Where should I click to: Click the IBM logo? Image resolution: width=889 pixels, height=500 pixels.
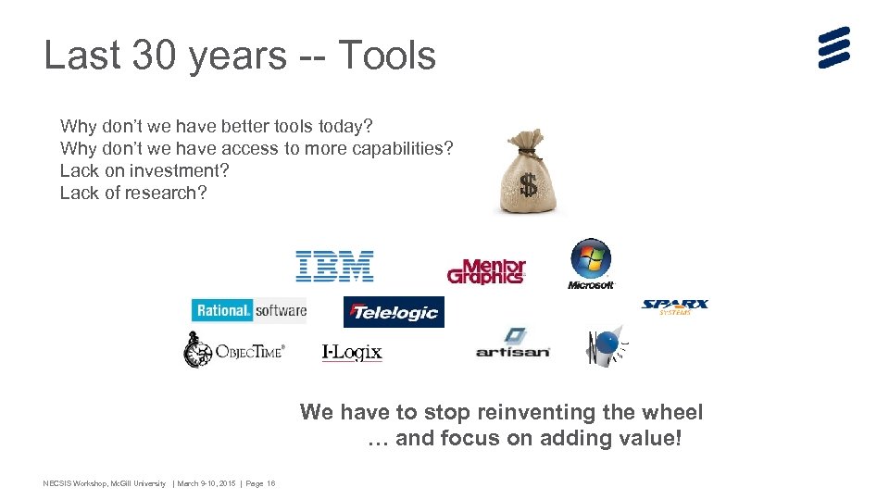coord(334,266)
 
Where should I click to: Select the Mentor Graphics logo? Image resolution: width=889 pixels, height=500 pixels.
coord(486,271)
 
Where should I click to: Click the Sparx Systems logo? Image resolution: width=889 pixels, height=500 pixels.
coord(675,306)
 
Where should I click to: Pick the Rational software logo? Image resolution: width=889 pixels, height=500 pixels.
coord(249,310)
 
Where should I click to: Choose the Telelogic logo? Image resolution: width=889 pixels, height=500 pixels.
coord(394,312)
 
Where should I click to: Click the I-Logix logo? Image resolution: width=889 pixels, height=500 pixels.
coord(352,352)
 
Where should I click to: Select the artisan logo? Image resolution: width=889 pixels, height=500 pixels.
coord(513,344)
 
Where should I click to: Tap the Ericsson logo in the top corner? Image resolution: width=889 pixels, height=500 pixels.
coord(833,47)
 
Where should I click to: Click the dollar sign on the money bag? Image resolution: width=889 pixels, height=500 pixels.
coord(528,185)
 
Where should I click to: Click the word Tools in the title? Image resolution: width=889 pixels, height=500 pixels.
coord(386,56)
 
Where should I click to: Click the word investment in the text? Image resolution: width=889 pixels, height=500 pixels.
coord(179,170)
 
